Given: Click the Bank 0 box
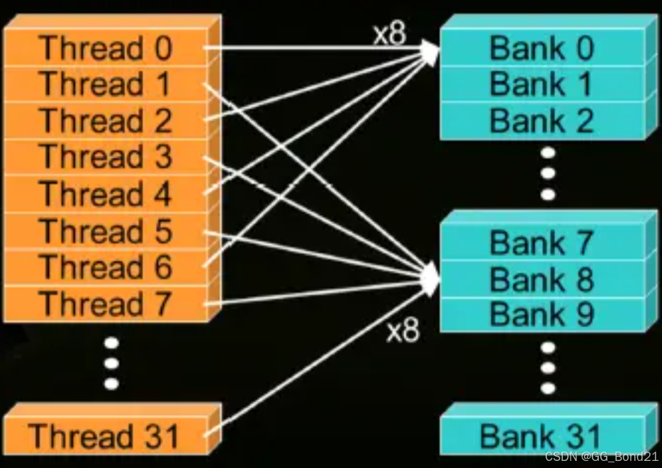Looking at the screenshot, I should pyautogui.click(x=542, y=48).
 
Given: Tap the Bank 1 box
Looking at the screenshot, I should pyautogui.click(x=542, y=84).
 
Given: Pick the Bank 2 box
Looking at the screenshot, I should pyautogui.click(x=542, y=121).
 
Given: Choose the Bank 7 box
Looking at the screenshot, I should pyautogui.click(x=542, y=243).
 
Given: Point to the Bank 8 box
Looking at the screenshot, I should pyautogui.click(x=542, y=279).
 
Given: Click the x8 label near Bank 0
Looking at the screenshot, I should pyautogui.click(x=390, y=35).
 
